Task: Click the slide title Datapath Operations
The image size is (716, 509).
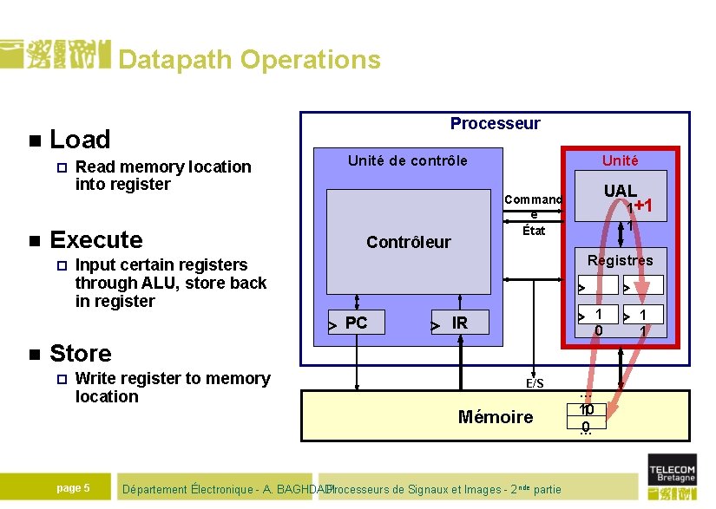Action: (249, 60)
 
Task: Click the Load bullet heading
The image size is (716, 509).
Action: (80, 140)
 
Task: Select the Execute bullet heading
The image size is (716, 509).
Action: (96, 239)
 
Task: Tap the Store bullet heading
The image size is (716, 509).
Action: (81, 353)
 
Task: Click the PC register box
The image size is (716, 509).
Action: (356, 323)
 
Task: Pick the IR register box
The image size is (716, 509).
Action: (460, 323)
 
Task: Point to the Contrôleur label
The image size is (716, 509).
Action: (408, 242)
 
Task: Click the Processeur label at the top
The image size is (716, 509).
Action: (495, 124)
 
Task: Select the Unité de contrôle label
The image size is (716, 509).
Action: (407, 160)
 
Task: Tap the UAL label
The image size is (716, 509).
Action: (620, 190)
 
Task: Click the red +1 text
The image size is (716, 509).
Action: (642, 206)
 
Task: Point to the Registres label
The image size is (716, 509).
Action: (620, 260)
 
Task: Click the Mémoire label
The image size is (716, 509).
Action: (495, 417)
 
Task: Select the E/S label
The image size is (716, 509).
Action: (535, 383)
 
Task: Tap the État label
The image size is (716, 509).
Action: (534, 230)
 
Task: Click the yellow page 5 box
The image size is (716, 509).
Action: (73, 487)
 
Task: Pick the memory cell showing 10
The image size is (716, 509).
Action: (586, 409)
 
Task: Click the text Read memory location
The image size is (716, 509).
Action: (163, 166)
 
